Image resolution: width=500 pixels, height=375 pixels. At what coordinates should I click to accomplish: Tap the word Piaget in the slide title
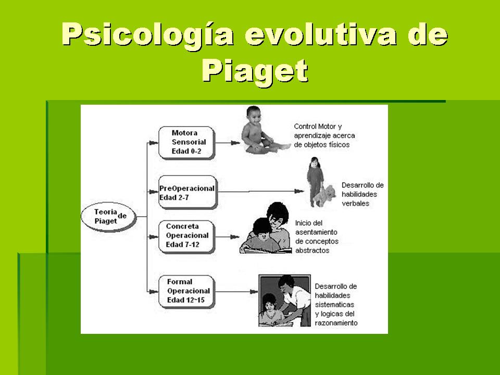pyautogui.click(x=255, y=71)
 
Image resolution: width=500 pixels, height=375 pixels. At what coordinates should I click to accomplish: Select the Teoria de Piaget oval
pyautogui.click(x=108, y=217)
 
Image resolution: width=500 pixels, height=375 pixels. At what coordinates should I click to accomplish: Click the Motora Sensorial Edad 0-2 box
pyautogui.click(x=187, y=143)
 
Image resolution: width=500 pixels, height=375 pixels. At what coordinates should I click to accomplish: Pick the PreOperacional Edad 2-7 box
pyautogui.click(x=188, y=192)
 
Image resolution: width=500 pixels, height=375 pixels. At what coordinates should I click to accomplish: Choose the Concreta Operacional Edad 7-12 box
pyautogui.click(x=187, y=236)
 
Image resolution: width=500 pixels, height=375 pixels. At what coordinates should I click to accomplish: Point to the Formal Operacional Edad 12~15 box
pyautogui.click(x=187, y=292)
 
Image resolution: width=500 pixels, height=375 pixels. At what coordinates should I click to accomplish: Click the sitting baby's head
pyautogui.click(x=254, y=115)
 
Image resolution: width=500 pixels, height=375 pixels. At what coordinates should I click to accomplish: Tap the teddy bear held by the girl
pyautogui.click(x=325, y=195)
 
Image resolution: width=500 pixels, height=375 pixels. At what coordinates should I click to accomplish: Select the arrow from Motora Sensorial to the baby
pyautogui.click(x=228, y=143)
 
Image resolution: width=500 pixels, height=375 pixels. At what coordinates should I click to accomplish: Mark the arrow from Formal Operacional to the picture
pyautogui.click(x=236, y=292)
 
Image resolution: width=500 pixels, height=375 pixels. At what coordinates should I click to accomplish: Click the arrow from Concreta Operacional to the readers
pyautogui.click(x=228, y=237)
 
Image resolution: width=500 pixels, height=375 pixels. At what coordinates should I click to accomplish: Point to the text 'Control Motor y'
pyautogui.click(x=318, y=127)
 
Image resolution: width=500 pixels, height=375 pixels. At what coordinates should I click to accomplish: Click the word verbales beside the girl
pyautogui.click(x=355, y=204)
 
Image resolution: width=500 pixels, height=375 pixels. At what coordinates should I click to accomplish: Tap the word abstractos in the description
pyautogui.click(x=312, y=251)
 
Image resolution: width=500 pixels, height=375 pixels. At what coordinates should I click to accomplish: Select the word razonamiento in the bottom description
pyautogui.click(x=336, y=323)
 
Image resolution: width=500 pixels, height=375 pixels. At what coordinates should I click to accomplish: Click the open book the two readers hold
pyautogui.click(x=265, y=249)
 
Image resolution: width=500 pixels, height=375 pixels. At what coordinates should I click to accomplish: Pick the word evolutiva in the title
pyautogui.click(x=321, y=34)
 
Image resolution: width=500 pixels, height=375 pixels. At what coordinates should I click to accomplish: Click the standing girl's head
pyautogui.click(x=315, y=162)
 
